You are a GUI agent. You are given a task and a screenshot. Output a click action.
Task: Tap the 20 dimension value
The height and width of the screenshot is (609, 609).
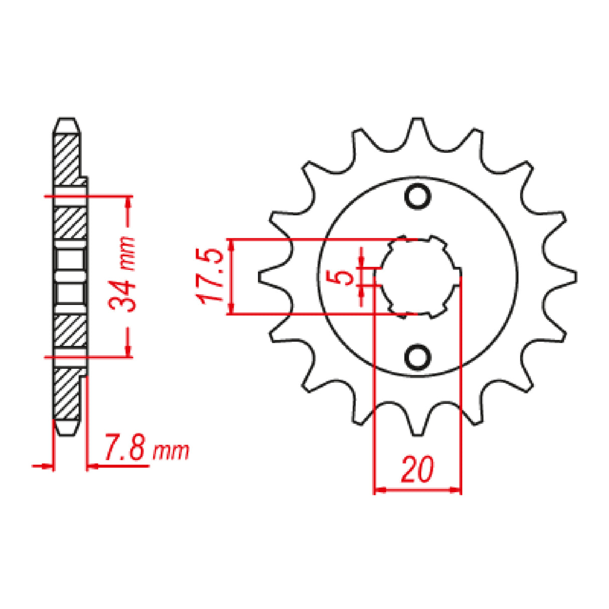tap(417, 470)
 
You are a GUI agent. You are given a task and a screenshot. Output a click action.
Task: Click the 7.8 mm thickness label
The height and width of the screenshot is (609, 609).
tap(146, 451)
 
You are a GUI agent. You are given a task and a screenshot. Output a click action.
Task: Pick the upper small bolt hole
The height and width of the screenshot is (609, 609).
tap(417, 196)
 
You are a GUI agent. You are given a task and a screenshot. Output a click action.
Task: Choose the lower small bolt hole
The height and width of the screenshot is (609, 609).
tap(417, 357)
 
